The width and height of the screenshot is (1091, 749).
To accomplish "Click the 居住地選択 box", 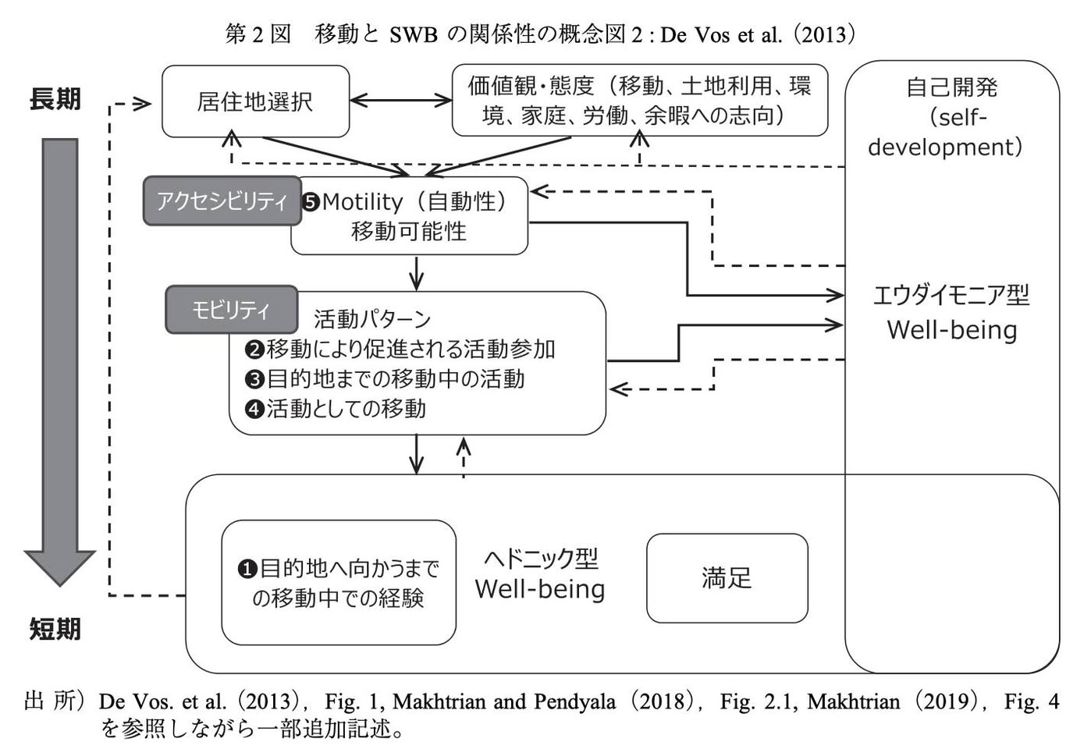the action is point(256,101).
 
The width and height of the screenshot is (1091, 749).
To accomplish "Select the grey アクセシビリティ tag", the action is point(222,201).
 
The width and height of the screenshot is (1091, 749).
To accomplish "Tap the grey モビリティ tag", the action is point(231,310).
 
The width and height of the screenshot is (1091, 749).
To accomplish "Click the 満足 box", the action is point(727,578).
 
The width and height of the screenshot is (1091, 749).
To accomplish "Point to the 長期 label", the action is point(55,99).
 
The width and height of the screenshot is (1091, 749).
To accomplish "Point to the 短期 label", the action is point(55,629).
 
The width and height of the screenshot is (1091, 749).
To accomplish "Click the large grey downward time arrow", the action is point(60,362).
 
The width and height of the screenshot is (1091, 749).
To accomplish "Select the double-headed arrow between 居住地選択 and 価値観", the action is point(401,101).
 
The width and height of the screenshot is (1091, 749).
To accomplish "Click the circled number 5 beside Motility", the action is point(311,202).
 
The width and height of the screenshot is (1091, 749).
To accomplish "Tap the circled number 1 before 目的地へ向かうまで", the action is point(247,569).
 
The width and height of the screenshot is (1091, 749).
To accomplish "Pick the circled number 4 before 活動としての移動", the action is point(254,409).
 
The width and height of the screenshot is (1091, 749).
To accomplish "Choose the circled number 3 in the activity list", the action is point(254,379).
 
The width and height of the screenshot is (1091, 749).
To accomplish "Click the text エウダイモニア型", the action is point(951,295).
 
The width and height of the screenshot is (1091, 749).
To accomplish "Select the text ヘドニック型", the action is point(541,558).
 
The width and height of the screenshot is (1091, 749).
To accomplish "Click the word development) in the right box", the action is point(945,147).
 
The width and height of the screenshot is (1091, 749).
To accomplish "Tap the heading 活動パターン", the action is point(372,319).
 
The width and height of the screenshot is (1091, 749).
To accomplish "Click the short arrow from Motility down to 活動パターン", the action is point(416,274).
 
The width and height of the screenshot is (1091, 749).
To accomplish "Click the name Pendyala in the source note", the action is point(574,701).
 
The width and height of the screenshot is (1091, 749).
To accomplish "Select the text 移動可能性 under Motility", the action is point(409,231).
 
